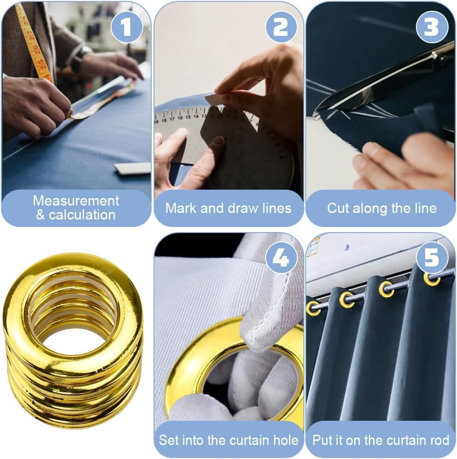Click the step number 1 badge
point(127,27)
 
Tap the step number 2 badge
point(281,27)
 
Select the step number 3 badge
point(432,27)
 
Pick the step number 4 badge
point(281,258)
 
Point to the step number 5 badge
point(432,258)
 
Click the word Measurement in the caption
point(76,201)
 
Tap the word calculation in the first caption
point(82,215)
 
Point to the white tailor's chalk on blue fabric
point(132,168)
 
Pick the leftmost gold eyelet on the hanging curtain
point(313,308)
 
